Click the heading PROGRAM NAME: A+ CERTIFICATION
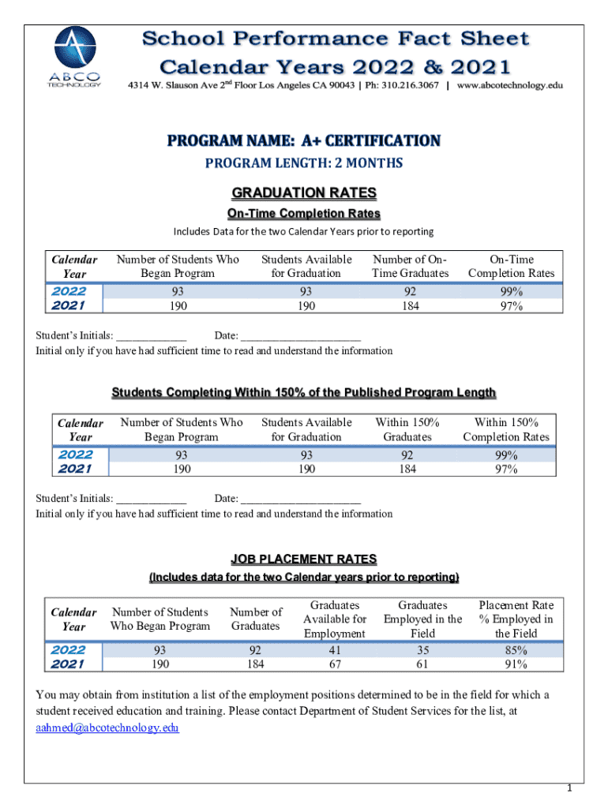coord(304,140)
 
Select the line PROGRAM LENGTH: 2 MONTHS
coord(304,163)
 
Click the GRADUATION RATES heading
coord(304,193)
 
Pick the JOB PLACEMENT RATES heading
coord(304,559)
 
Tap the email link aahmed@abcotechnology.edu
coord(107,728)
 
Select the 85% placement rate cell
coord(516,650)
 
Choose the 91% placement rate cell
coord(516,664)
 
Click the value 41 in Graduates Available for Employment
coord(335,650)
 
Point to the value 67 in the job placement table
coord(335,664)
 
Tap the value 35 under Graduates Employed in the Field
coord(422,650)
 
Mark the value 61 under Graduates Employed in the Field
coord(422,664)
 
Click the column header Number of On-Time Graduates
coord(410,266)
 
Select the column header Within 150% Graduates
coord(407,429)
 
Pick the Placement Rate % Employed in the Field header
coord(516,619)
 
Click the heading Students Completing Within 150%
coord(304,392)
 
